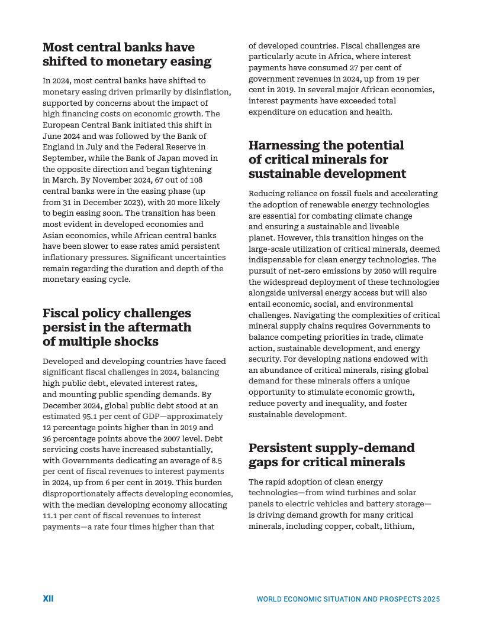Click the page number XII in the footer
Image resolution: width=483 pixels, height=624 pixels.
(48, 599)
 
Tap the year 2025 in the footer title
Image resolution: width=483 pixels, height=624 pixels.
(431, 599)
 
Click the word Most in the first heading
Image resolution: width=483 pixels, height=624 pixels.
(58, 47)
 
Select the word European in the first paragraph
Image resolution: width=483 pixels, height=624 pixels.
(60, 125)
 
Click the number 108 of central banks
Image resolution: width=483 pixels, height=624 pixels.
(195, 180)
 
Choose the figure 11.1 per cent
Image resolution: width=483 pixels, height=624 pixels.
(50, 516)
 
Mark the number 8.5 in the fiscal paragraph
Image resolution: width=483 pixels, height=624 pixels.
(217, 460)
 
